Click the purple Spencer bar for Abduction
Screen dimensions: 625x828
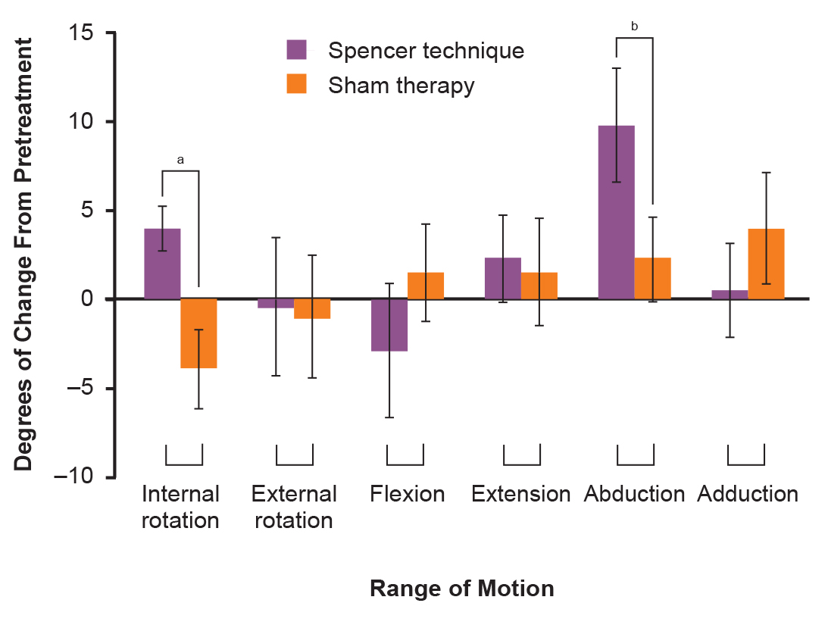616,212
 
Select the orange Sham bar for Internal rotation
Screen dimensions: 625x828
198,333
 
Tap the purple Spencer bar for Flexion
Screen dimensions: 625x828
389,325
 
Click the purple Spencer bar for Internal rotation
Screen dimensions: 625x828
162,264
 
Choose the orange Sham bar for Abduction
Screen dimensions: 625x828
652,279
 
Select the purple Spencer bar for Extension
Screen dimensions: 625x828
503,279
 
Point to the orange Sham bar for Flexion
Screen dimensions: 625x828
426,286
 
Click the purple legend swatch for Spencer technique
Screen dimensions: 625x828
296,50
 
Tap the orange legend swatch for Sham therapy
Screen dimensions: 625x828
296,84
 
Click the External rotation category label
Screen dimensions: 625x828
294,508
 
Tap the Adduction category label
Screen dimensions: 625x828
748,495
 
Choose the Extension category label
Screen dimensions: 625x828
520,495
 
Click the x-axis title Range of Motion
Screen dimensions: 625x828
461,589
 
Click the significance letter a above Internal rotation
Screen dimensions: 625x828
180,160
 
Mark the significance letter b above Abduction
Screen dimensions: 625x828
634,27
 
